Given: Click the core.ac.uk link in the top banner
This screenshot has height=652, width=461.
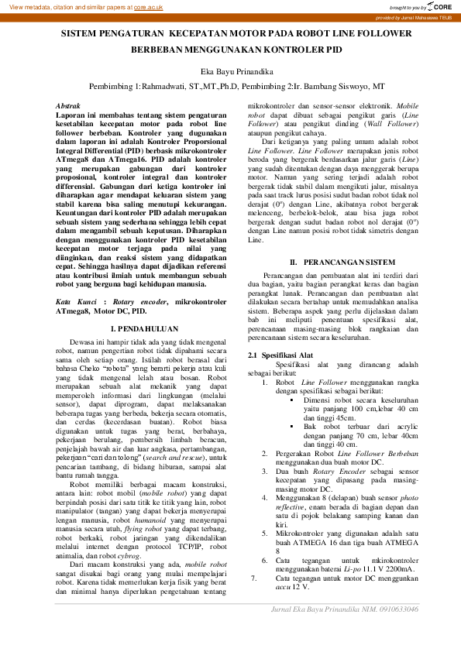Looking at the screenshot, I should pos(148,6).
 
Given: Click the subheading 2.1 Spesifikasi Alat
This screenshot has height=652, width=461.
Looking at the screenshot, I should pos(280,354).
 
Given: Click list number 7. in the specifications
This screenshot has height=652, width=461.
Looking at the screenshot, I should pos(253,578).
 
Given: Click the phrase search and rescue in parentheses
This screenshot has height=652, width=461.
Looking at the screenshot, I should pos(166,459).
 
